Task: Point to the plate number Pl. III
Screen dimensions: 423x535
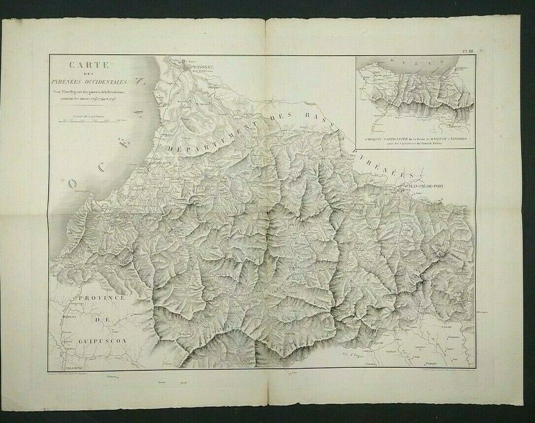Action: click(467, 51)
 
